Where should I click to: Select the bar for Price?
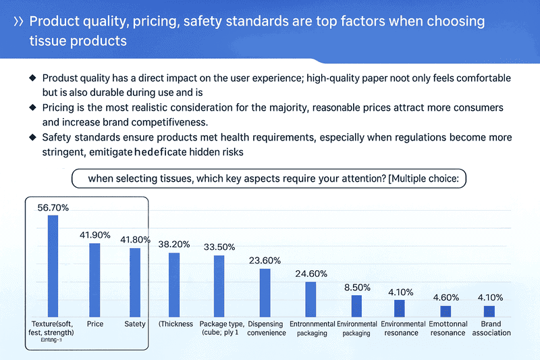coord(95,280)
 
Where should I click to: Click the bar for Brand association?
coord(489,311)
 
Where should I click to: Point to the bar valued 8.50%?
coord(356,306)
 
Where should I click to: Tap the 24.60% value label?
coord(310,274)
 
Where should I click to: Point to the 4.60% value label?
coord(445,297)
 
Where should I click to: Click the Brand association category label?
coord(491,328)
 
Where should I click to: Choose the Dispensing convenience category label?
coord(266,328)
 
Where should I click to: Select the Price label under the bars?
coord(95,324)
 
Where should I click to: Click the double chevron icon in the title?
coord(19,22)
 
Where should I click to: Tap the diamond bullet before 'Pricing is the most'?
coord(32,108)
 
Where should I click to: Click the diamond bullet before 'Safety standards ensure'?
coord(32,137)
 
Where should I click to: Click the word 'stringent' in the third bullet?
coord(63,152)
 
